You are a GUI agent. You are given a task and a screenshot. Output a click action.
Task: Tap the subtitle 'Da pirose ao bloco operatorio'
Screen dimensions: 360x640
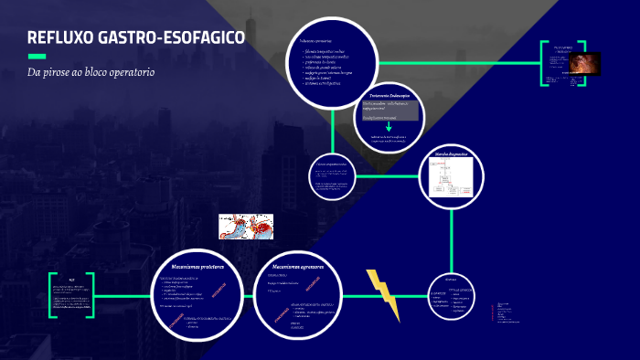pos(91,71)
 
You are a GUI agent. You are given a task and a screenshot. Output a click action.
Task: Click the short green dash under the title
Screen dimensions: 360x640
pos(36,56)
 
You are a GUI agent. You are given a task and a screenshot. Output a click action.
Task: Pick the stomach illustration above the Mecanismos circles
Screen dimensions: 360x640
pos(247,227)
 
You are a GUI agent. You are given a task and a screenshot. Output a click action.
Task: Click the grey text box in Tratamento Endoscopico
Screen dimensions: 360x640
pos(390,110)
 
